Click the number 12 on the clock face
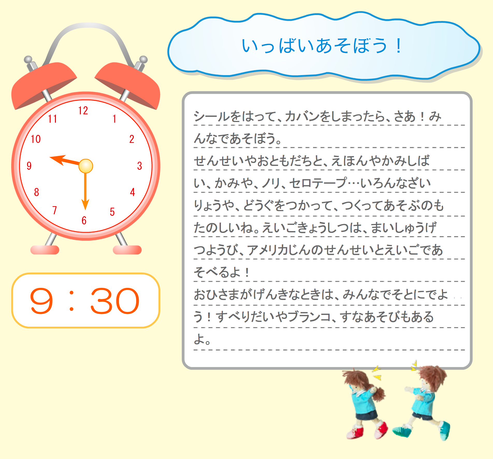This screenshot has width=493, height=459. pos(83,111)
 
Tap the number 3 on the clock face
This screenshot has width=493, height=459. pos(140,166)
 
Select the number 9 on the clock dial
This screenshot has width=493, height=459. pos(29,166)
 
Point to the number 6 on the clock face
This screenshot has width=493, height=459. pos(84,220)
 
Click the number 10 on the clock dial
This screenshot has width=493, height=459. pos(36,139)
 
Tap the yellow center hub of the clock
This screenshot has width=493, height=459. pos(86,166)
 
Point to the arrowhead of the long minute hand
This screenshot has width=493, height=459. pos(85,205)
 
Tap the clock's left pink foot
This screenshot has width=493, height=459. pos(45,250)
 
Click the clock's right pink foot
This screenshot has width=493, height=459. pos(127,250)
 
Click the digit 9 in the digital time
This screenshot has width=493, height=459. pos(41,301)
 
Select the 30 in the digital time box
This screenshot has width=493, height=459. pos(115,301)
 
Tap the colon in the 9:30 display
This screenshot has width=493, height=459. pos(72,301)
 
